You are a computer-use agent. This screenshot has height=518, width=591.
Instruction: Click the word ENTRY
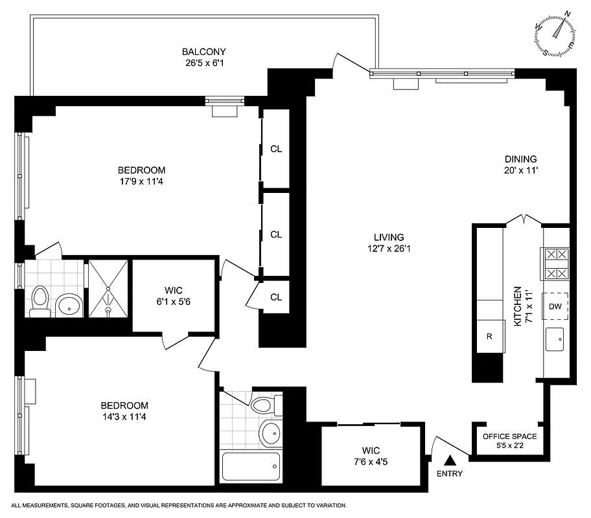(x=450, y=474)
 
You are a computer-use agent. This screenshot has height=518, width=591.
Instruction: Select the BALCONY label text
(x=203, y=52)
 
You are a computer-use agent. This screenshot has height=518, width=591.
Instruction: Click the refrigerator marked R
(x=490, y=337)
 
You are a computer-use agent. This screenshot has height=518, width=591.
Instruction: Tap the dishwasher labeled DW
(x=555, y=306)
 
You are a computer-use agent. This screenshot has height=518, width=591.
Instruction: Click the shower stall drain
(x=109, y=310)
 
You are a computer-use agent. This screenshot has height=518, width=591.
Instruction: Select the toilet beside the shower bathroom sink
(x=40, y=301)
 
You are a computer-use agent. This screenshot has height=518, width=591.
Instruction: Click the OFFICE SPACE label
(x=509, y=436)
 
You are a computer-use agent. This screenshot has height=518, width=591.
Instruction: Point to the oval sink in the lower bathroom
(x=268, y=432)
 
